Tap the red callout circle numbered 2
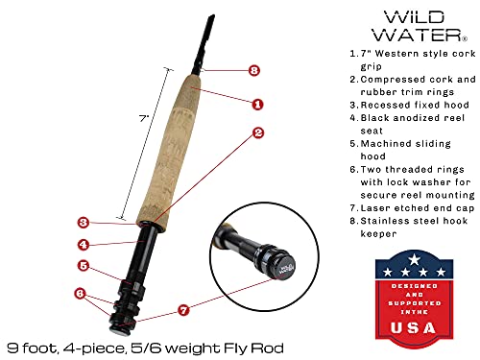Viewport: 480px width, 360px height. (x=258, y=134)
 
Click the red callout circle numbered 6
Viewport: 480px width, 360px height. (x=80, y=292)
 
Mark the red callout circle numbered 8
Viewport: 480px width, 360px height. (x=253, y=70)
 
